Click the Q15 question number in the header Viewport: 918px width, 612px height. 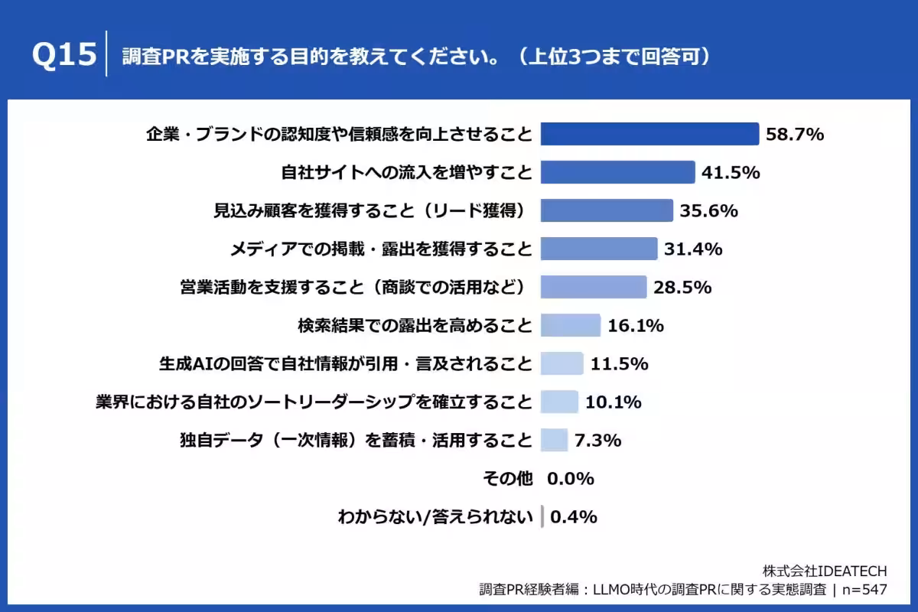pyautogui.click(x=65, y=56)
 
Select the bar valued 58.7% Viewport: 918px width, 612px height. pyautogui.click(x=649, y=134)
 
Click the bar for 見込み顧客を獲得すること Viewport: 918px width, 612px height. pyautogui.click(x=607, y=210)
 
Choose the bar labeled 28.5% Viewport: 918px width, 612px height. pyautogui.click(x=594, y=287)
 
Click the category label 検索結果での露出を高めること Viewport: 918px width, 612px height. pyautogui.click(x=415, y=325)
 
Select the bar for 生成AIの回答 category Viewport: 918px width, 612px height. pyautogui.click(x=562, y=363)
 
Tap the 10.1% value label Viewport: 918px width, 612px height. pyautogui.click(x=613, y=402)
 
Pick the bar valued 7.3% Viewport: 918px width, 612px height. pyautogui.click(x=554, y=440)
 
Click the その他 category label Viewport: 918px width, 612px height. pyautogui.click(x=507, y=478)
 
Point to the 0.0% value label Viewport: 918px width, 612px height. pyautogui.click(x=571, y=478)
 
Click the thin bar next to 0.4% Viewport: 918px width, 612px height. pyautogui.click(x=542, y=516)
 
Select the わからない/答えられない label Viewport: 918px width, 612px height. pyautogui.click(x=435, y=516)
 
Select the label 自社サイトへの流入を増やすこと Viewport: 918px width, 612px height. pyautogui.click(x=406, y=172)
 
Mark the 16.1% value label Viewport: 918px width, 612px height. pyautogui.click(x=635, y=325)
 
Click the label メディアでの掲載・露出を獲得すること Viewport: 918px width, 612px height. pyautogui.click(x=381, y=249)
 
